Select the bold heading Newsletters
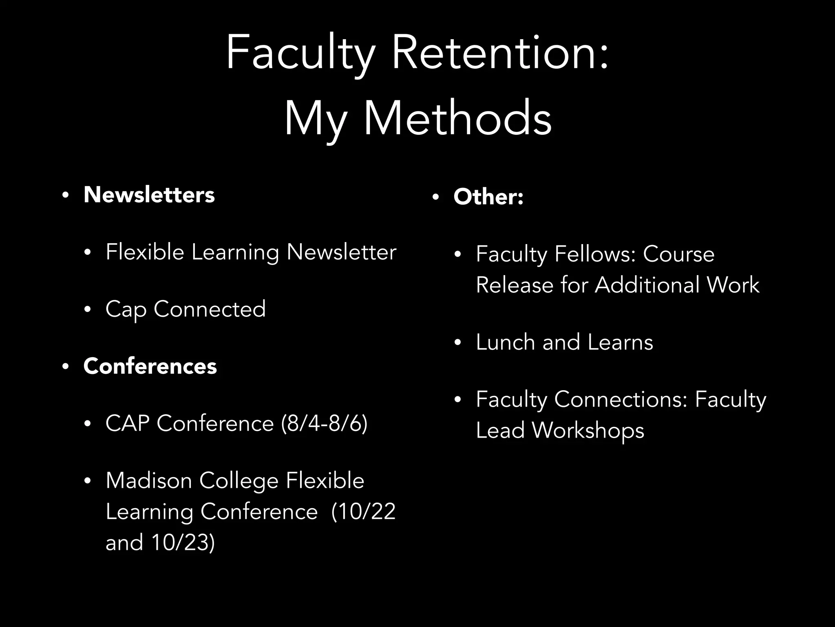(149, 195)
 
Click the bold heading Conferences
(150, 366)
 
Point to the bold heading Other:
(488, 197)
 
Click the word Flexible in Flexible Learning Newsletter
(145, 252)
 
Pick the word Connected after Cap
(210, 309)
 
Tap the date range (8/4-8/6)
(324, 423)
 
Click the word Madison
(149, 480)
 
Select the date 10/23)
(183, 543)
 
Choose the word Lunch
(505, 342)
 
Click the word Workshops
(588, 430)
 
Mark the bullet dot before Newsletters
(65, 195)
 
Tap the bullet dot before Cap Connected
(87, 310)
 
